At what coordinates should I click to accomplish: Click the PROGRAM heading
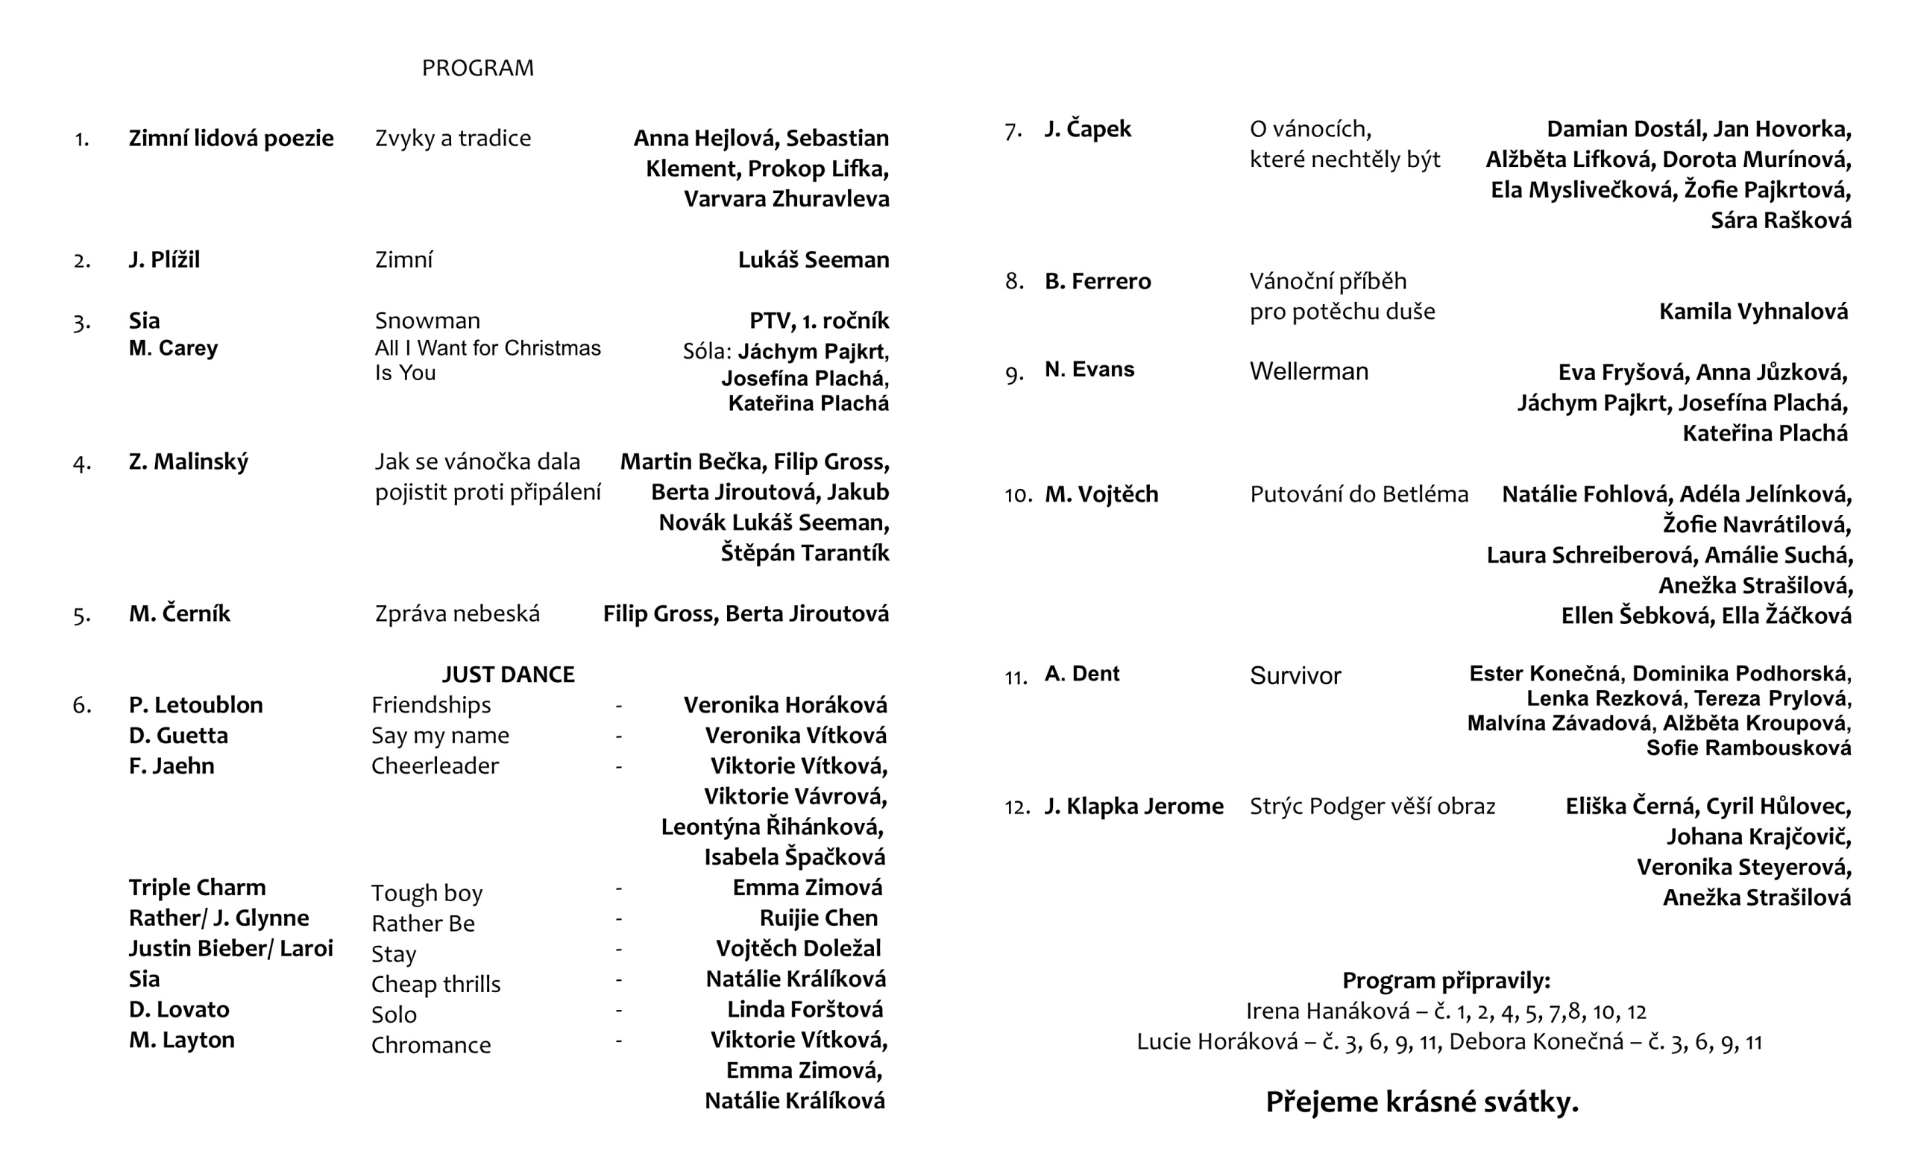[x=477, y=68]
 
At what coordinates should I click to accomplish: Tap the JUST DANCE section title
[x=508, y=675]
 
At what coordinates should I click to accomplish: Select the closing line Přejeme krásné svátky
[x=1421, y=1102]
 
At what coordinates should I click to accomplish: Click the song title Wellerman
[x=1309, y=372]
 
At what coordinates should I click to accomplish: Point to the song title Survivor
[x=1295, y=676]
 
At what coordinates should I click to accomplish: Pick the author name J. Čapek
[x=1087, y=129]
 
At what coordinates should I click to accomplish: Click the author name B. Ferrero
[x=1097, y=281]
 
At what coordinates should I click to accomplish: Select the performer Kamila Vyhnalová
[x=1752, y=312]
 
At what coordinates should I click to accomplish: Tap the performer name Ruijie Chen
[x=818, y=918]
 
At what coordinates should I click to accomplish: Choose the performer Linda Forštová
[x=804, y=1009]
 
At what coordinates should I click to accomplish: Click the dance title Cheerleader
[x=435, y=766]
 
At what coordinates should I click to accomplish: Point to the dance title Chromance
[x=431, y=1046]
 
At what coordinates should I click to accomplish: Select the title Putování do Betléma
[x=1359, y=494]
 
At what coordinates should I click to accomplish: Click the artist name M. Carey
[x=173, y=349]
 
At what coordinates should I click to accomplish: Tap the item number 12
[x=1016, y=808]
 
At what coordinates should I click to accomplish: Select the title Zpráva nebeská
[x=457, y=614]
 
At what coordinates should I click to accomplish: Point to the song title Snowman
[x=427, y=321]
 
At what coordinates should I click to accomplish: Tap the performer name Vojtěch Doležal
[x=798, y=948]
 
